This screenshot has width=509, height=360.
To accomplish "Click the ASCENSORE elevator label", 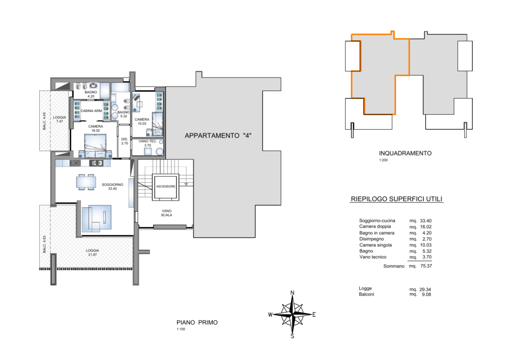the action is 166,186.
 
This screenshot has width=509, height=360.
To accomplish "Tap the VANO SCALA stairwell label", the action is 167,213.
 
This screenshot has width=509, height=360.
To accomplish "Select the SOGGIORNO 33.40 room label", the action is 112,186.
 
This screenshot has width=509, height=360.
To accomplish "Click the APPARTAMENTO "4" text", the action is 218,136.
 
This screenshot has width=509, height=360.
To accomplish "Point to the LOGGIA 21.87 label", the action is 92,253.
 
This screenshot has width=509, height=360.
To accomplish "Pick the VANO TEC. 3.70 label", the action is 148,143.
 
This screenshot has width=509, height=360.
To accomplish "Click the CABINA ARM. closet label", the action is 91,111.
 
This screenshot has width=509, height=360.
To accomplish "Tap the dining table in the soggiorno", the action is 86,182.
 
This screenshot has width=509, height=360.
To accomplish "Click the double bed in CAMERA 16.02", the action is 95,146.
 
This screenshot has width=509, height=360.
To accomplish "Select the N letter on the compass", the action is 292,293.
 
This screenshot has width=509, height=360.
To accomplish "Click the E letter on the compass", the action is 314,314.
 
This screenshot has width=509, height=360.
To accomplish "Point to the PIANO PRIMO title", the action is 197,322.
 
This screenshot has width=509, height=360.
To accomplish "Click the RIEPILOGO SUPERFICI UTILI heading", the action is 397,199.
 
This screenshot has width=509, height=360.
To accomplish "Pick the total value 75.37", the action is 426,266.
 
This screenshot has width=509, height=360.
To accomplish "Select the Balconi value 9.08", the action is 426,294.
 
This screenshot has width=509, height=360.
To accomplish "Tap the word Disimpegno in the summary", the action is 371,239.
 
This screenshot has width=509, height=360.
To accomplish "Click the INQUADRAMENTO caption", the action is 405,153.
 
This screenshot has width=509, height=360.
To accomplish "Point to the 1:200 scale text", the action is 383,160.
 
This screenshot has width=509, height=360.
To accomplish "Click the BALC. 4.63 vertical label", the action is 44,244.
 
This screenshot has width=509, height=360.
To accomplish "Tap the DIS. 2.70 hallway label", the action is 125,141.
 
